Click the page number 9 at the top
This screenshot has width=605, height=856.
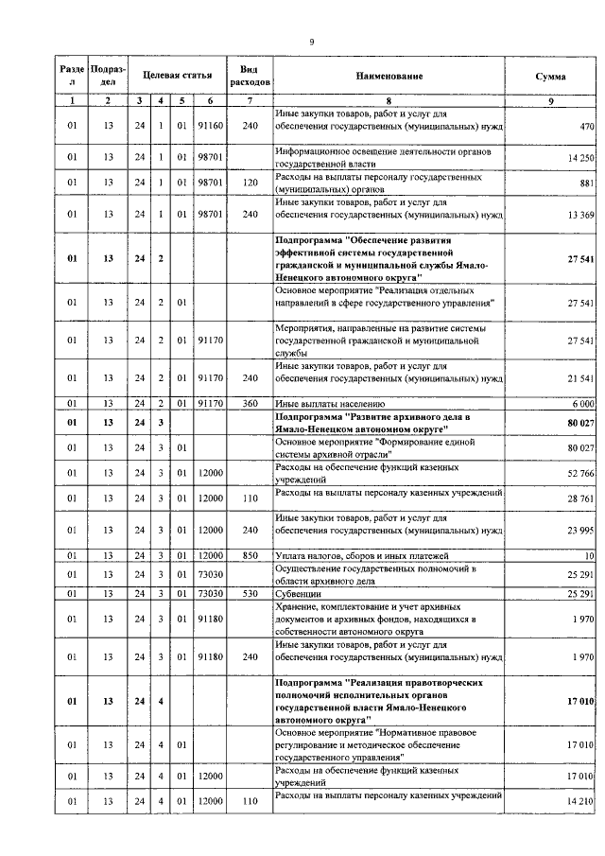(x=312, y=41)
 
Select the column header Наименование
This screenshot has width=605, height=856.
(x=389, y=75)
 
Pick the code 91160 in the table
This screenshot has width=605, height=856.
(x=210, y=125)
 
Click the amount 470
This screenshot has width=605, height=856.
(x=585, y=125)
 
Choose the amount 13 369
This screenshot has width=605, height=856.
(x=579, y=215)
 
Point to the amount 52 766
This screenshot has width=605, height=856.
(x=579, y=473)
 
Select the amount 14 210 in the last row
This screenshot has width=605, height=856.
(x=579, y=803)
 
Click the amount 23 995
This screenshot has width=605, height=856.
(x=579, y=530)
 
